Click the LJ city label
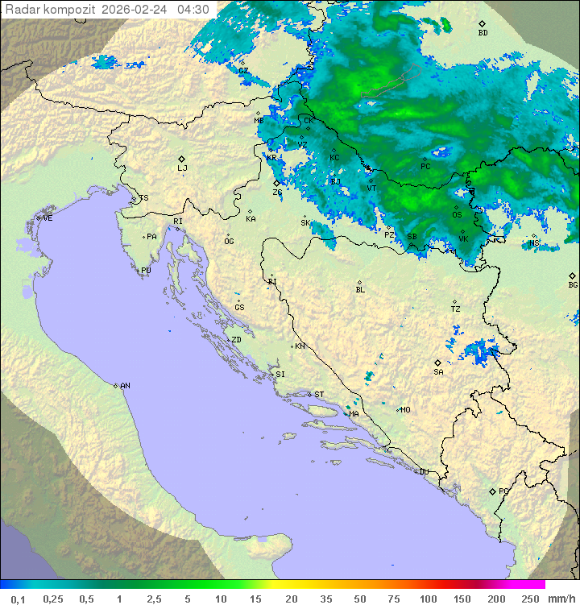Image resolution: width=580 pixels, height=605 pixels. point(182,168)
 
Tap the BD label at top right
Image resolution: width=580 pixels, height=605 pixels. point(483,33)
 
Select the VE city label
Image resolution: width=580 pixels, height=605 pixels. point(48,218)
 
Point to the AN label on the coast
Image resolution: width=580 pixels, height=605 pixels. point(125,386)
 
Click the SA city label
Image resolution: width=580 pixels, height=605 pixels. point(438,372)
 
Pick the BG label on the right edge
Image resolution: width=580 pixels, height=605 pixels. point(573,284)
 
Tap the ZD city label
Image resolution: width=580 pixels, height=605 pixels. point(236,340)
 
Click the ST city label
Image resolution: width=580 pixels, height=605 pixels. point(319,395)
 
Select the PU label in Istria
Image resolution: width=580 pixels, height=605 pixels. point(146,271)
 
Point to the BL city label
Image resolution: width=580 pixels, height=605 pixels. point(360,290)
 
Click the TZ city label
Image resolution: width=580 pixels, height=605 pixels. point(455,309)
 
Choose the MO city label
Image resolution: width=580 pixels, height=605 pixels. point(405,409)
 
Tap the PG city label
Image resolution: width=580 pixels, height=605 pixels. point(503,491)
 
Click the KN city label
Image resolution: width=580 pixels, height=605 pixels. point(300,346)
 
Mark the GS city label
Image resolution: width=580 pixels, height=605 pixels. point(239,308)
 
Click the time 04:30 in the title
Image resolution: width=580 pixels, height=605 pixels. point(193,10)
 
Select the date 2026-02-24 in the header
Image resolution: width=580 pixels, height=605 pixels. point(135,10)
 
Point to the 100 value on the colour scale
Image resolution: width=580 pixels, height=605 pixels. point(428,599)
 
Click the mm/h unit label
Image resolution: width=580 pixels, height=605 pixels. point(561,599)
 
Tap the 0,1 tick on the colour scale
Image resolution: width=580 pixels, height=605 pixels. point(18,599)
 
